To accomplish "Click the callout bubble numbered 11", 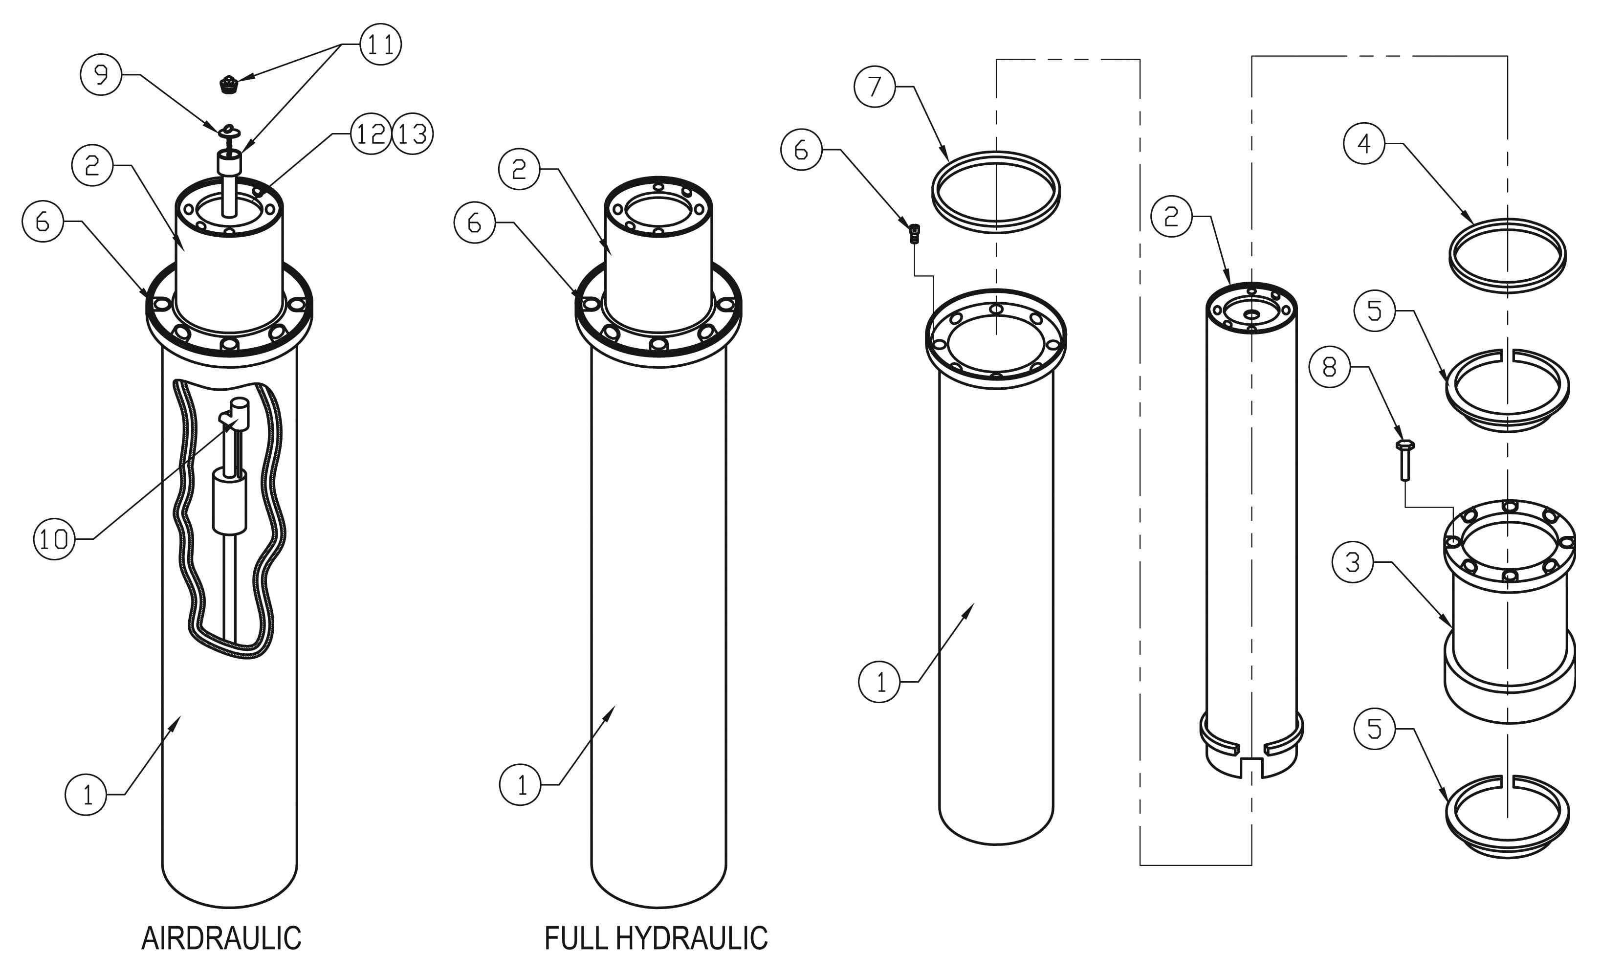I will pos(380,44).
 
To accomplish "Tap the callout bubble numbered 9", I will pos(101,75).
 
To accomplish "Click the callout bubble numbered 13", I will pos(413,134).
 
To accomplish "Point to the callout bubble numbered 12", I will pos(371,134).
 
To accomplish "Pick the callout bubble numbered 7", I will pos(875,87).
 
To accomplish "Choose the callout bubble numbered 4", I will pos(1364,143).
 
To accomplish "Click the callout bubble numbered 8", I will pos(1329,367).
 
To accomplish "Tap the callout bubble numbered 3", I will pos(1352,562).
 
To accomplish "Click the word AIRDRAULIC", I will pos(221,938).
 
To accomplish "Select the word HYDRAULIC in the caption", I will pos(691,938).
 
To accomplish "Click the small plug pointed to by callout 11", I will pos(227,85).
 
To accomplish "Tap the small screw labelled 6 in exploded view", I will pos(914,233).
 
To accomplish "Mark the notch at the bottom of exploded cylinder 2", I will pos(1251,767).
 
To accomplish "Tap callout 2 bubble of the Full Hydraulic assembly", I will pos(519,169).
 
